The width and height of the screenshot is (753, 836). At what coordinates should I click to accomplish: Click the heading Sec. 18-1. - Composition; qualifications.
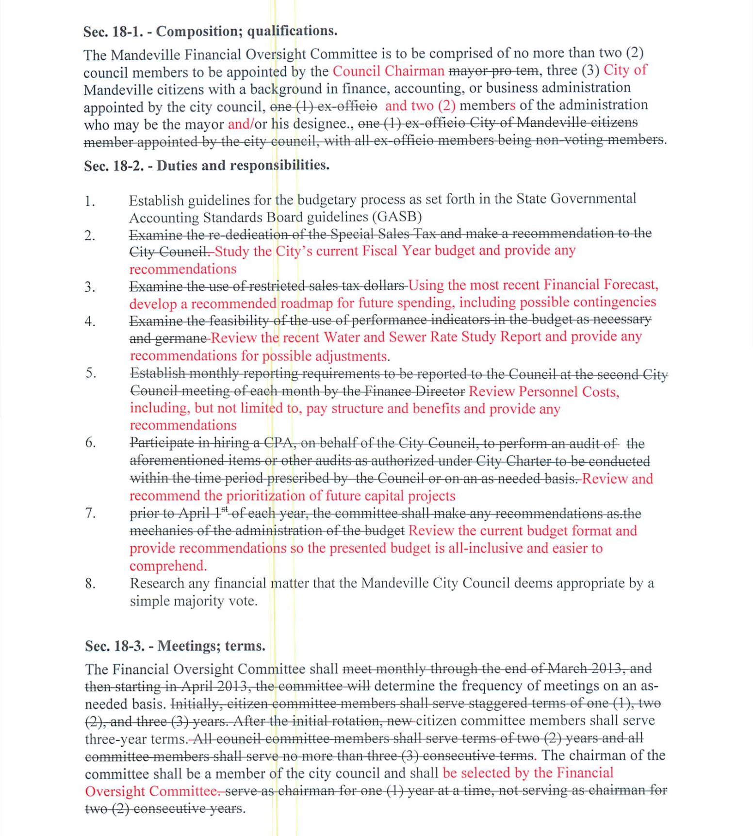pos(210,32)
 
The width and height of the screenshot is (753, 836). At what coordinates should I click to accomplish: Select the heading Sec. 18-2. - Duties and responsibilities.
pos(207,166)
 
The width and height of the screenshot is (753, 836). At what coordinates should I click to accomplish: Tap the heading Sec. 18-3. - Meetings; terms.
pos(175,646)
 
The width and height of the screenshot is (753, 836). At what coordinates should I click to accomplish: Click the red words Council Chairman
pos(388,71)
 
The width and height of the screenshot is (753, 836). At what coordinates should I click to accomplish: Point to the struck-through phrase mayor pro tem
pos(493,71)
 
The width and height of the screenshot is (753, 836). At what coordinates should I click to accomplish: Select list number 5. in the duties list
pos(91,373)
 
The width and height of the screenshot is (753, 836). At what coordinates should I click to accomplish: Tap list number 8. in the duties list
pos(91,584)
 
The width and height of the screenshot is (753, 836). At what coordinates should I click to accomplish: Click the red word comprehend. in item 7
pos(168,566)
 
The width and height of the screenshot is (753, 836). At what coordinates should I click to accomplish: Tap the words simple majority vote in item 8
pos(193,601)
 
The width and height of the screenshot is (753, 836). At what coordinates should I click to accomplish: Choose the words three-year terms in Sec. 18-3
pos(136,739)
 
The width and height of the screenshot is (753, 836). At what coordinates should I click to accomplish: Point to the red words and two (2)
pos(420,106)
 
